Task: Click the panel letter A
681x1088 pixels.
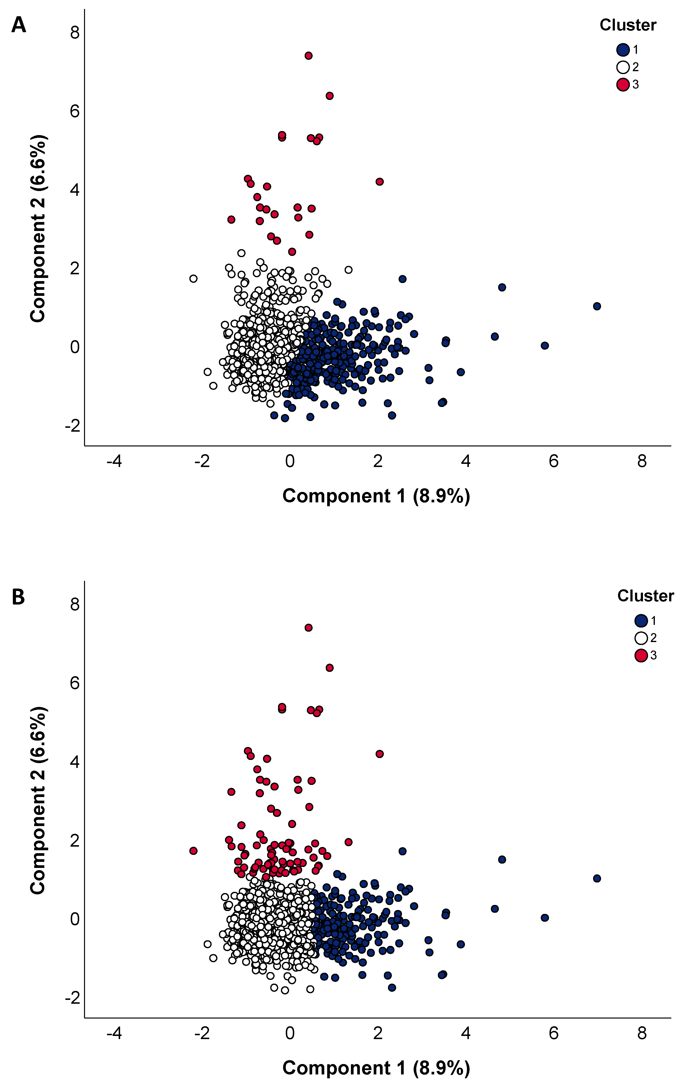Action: pos(18,25)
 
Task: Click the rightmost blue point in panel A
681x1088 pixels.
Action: pos(597,306)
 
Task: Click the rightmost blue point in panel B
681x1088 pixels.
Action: pos(597,878)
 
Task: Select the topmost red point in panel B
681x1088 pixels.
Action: pos(309,628)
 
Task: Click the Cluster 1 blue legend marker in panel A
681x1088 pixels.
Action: pos(623,50)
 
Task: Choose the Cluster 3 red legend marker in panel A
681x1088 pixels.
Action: pos(623,85)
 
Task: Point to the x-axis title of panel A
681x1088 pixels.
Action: pos(376,496)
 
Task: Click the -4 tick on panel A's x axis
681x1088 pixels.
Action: pos(114,461)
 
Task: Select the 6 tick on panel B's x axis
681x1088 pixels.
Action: pos(554,1033)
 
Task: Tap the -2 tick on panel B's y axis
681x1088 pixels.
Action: pos(72,997)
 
